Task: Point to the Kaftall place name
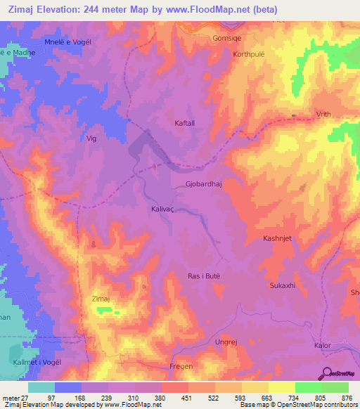185,123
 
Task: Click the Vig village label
91,138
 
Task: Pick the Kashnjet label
278,238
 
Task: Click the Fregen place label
181,366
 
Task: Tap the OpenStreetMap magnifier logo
327,373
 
